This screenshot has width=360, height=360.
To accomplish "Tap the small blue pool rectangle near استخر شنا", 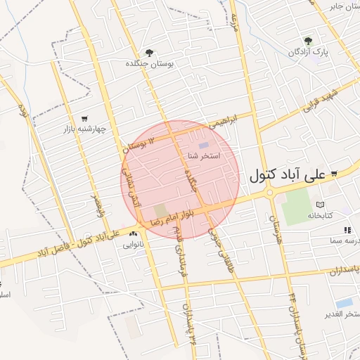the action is click(x=203, y=145).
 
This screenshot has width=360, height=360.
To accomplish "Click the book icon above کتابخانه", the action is click(x=321, y=204).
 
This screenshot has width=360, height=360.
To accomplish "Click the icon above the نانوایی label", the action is click(x=134, y=234).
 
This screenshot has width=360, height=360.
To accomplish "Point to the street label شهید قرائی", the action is click(x=321, y=101).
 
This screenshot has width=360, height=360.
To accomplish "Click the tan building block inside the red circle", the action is click(x=161, y=210).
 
